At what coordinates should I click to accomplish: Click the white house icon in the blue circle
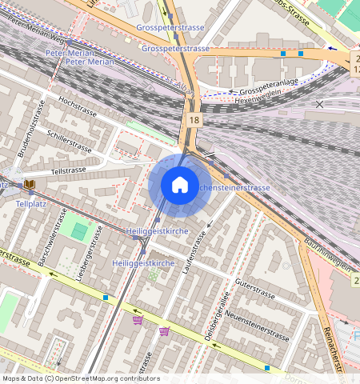click(180, 185)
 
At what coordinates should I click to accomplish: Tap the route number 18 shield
click(194, 120)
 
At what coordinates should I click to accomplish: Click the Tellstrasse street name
click(67, 170)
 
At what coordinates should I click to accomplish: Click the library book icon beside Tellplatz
click(30, 185)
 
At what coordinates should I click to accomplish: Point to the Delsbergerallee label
click(217, 316)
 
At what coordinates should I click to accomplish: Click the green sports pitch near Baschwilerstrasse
click(79, 231)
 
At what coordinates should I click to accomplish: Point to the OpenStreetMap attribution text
click(81, 378)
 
